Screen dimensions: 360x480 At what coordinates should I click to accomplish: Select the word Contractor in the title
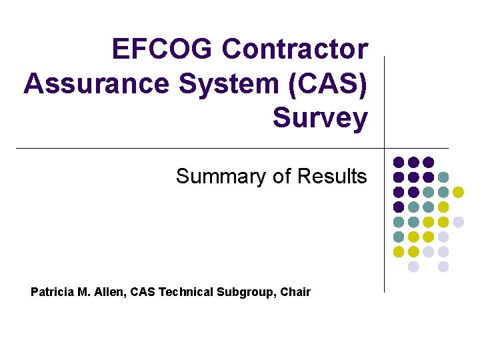(x=295, y=49)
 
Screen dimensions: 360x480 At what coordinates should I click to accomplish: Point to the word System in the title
(x=217, y=83)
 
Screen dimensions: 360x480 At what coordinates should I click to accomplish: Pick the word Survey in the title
(x=320, y=118)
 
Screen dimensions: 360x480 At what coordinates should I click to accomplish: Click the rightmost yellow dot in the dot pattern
(x=458, y=192)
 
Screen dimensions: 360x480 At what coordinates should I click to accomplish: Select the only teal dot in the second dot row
(x=443, y=177)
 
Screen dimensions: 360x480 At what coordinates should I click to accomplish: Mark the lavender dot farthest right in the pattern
(x=458, y=222)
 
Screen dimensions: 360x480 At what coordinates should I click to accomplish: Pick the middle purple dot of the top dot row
(x=413, y=162)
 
